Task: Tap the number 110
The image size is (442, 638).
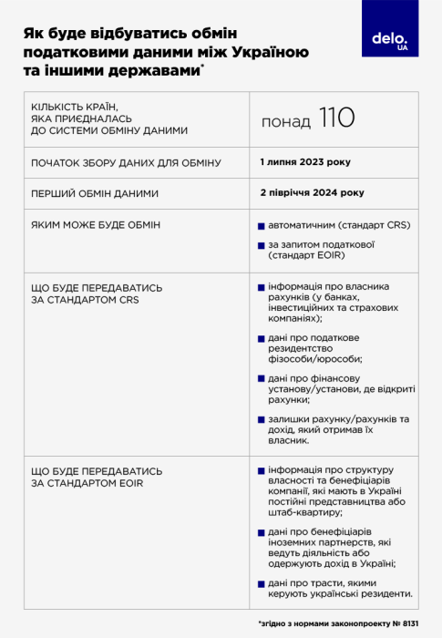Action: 336,118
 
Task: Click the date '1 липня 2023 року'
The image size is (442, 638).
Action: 304,161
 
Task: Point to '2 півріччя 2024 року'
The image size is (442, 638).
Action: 311,192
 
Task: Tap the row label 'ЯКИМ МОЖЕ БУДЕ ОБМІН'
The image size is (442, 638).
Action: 96,224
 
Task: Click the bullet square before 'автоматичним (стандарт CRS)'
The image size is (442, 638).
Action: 261,224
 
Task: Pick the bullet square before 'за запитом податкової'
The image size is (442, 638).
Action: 261,244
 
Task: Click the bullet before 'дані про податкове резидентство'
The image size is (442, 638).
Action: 261,338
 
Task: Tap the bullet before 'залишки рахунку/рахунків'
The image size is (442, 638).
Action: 261,419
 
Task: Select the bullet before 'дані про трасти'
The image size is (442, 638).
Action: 261,583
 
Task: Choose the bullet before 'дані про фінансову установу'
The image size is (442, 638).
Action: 261,378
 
